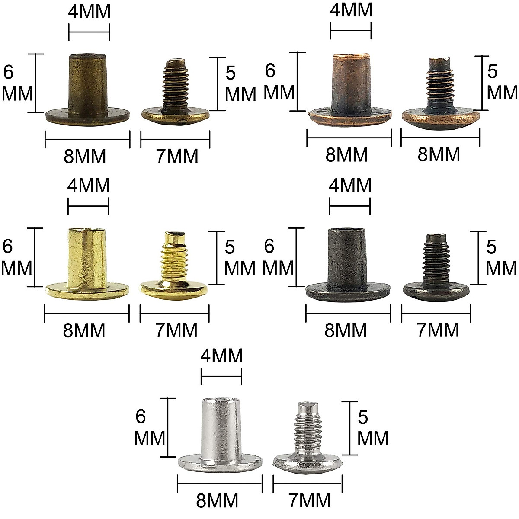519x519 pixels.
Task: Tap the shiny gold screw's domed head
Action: coord(174,288)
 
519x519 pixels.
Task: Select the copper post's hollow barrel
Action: coord(350,82)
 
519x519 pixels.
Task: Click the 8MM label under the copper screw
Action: coord(439,155)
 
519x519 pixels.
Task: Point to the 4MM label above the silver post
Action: coord(221,356)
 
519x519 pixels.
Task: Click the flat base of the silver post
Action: coord(221,462)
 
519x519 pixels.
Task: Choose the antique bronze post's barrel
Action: coord(88,82)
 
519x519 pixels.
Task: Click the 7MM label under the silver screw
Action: coord(309,500)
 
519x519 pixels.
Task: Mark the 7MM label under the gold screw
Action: coord(176,330)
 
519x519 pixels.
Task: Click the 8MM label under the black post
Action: coord(346,330)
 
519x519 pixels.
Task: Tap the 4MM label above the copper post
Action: coord(351,10)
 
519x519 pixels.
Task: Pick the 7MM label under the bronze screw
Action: coord(177,156)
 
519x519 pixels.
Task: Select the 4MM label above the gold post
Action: coord(88,186)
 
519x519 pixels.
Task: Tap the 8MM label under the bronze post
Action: coord(85,156)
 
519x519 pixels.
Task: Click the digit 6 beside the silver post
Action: coord(141,416)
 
